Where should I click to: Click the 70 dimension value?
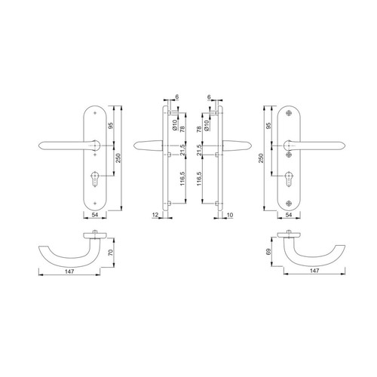(x=111, y=253)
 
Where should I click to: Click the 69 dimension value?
(x=268, y=252)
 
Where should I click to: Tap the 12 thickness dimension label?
(x=155, y=215)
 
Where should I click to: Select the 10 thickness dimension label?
(x=230, y=215)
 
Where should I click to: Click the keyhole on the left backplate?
(x=95, y=179)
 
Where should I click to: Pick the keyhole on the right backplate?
(x=289, y=179)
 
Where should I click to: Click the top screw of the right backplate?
(x=289, y=113)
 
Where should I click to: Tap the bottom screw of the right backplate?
(x=289, y=203)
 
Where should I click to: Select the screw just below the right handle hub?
(x=289, y=155)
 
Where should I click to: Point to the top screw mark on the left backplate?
(x=95, y=113)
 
